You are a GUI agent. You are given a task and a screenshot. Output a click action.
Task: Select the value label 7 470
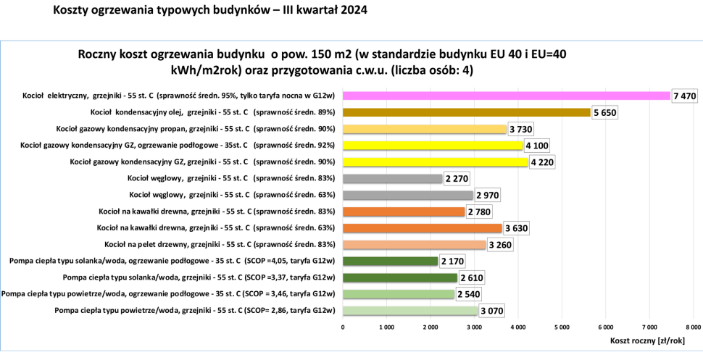coord(683,96)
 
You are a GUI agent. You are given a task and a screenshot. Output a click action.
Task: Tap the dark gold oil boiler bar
coord(467,112)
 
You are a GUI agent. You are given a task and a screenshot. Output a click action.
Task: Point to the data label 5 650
coord(604,112)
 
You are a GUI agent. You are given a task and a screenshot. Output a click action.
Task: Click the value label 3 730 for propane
coord(521,129)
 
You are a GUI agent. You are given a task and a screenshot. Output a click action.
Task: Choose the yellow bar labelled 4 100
coord(432,146)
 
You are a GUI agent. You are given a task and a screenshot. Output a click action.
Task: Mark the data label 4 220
coord(543,162)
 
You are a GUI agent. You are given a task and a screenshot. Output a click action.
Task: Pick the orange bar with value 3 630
coord(422,228)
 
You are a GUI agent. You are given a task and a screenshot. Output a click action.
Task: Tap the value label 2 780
coord(479,212)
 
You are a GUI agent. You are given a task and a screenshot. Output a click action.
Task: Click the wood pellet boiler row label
coord(220,245)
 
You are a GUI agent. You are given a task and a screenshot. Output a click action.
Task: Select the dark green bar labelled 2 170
coord(390,261)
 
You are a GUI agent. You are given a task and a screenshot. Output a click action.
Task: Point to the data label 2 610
coord(471,277)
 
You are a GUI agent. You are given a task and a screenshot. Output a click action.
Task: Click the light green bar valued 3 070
coord(410,311)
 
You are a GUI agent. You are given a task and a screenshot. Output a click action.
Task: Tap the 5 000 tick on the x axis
coord(561,327)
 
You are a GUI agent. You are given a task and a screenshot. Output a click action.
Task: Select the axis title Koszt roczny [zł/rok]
coord(647,340)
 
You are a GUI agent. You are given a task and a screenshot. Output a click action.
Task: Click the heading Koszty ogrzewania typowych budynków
coord(209,11)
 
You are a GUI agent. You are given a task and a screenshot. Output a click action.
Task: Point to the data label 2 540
coord(468,294)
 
